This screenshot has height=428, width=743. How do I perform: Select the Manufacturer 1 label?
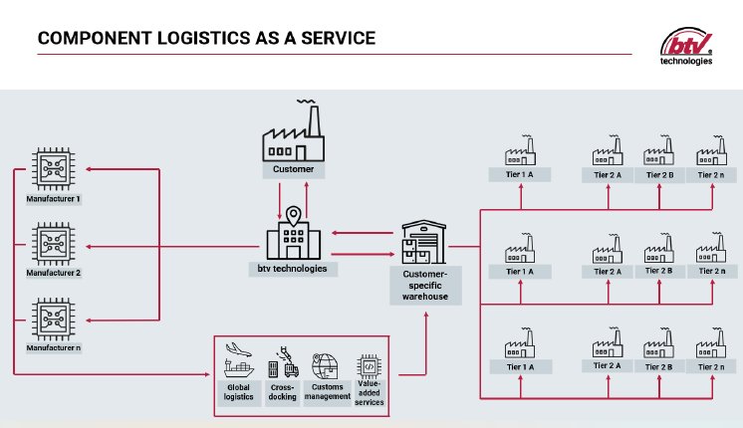coord(53,199)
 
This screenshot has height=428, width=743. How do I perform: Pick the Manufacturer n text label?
coord(53,347)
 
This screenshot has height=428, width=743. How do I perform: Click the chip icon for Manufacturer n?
coord(53,319)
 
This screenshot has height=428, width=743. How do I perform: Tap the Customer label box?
coord(294,169)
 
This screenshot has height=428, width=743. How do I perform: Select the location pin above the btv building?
coord(294,215)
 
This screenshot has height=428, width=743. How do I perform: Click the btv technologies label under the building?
coord(293,268)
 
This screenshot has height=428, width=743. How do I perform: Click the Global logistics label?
coord(239,391)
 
